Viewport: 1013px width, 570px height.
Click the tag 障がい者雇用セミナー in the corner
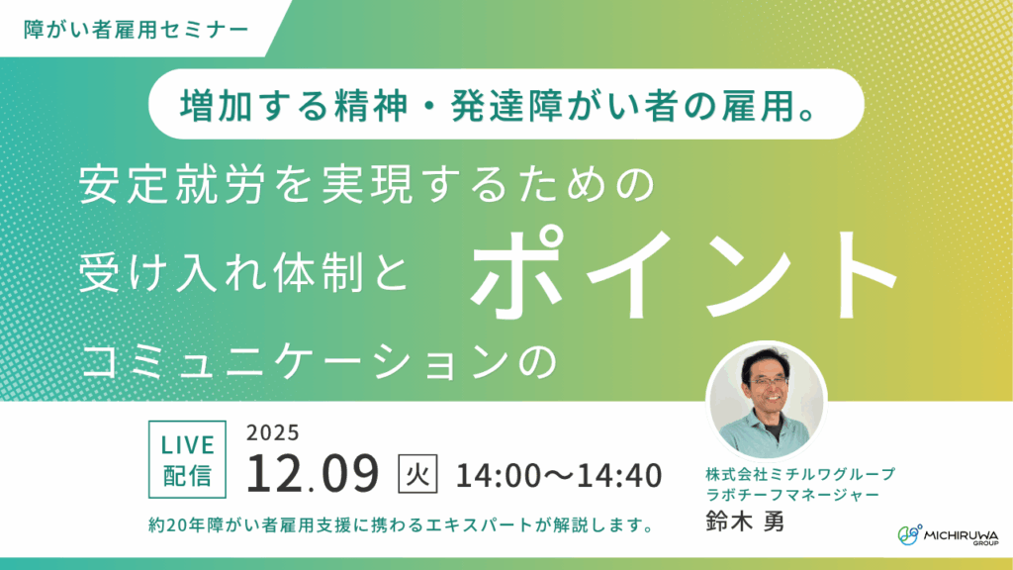(x=137, y=30)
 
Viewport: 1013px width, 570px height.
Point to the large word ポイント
(x=685, y=275)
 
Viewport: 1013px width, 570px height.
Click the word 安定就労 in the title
(x=172, y=185)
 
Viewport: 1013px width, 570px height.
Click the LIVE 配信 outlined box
(x=187, y=459)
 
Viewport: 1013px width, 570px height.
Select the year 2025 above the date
(x=273, y=432)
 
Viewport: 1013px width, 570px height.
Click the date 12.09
(x=313, y=474)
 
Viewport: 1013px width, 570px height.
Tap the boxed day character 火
(x=417, y=474)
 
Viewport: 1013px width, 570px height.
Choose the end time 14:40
(x=620, y=476)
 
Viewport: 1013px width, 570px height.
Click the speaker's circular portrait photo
(x=767, y=400)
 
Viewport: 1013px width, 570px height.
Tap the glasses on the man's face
(x=767, y=381)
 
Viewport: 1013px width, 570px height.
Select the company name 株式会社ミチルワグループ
(x=800, y=474)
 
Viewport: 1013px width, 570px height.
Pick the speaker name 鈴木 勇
(x=745, y=522)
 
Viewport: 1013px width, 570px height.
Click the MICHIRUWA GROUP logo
(x=948, y=535)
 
